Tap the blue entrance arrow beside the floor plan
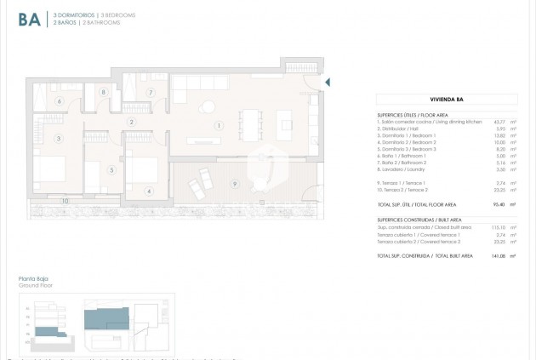click(x=328, y=83)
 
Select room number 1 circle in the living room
click(x=219, y=126)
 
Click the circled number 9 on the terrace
click(x=234, y=184)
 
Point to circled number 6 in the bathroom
click(x=59, y=101)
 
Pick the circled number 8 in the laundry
click(x=104, y=92)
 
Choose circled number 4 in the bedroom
click(x=149, y=191)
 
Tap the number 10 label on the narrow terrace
click(x=66, y=201)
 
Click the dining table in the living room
click(x=251, y=117)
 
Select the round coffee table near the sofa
click(x=207, y=106)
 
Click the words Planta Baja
click(x=33, y=279)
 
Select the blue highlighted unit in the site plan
click(x=106, y=320)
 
